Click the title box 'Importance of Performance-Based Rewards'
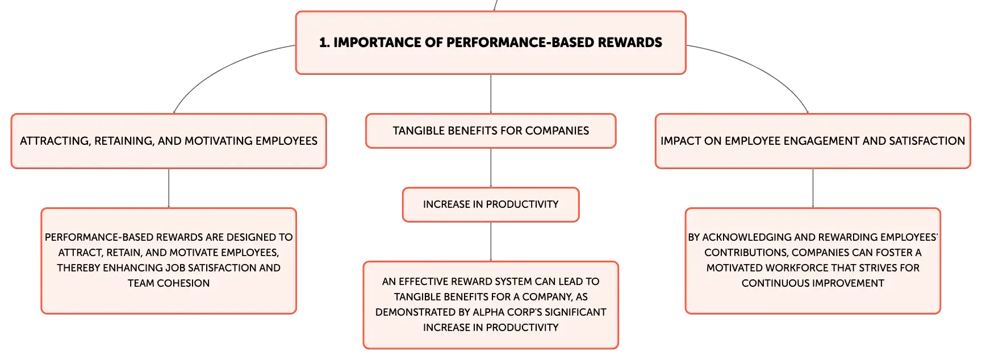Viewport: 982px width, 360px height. pyautogui.click(x=491, y=43)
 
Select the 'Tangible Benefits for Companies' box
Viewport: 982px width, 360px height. pyautogui.click(x=491, y=131)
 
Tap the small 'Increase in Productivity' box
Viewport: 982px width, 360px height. pyautogui.click(x=491, y=204)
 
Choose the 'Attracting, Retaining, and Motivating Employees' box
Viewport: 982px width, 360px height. pyautogui.click(x=169, y=141)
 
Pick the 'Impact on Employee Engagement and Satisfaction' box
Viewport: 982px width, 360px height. pyautogui.click(x=813, y=141)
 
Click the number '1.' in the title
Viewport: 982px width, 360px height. pyautogui.click(x=324, y=43)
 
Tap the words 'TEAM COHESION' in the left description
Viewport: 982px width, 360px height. pyautogui.click(x=169, y=283)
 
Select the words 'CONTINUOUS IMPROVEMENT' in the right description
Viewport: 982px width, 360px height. pyautogui.click(x=813, y=283)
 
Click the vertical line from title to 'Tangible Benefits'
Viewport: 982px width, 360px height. pyautogui.click(x=491, y=94)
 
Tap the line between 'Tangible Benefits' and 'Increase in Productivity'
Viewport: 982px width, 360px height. pyautogui.click(x=491, y=168)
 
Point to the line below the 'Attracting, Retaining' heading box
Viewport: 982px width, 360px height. pyautogui.click(x=169, y=189)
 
